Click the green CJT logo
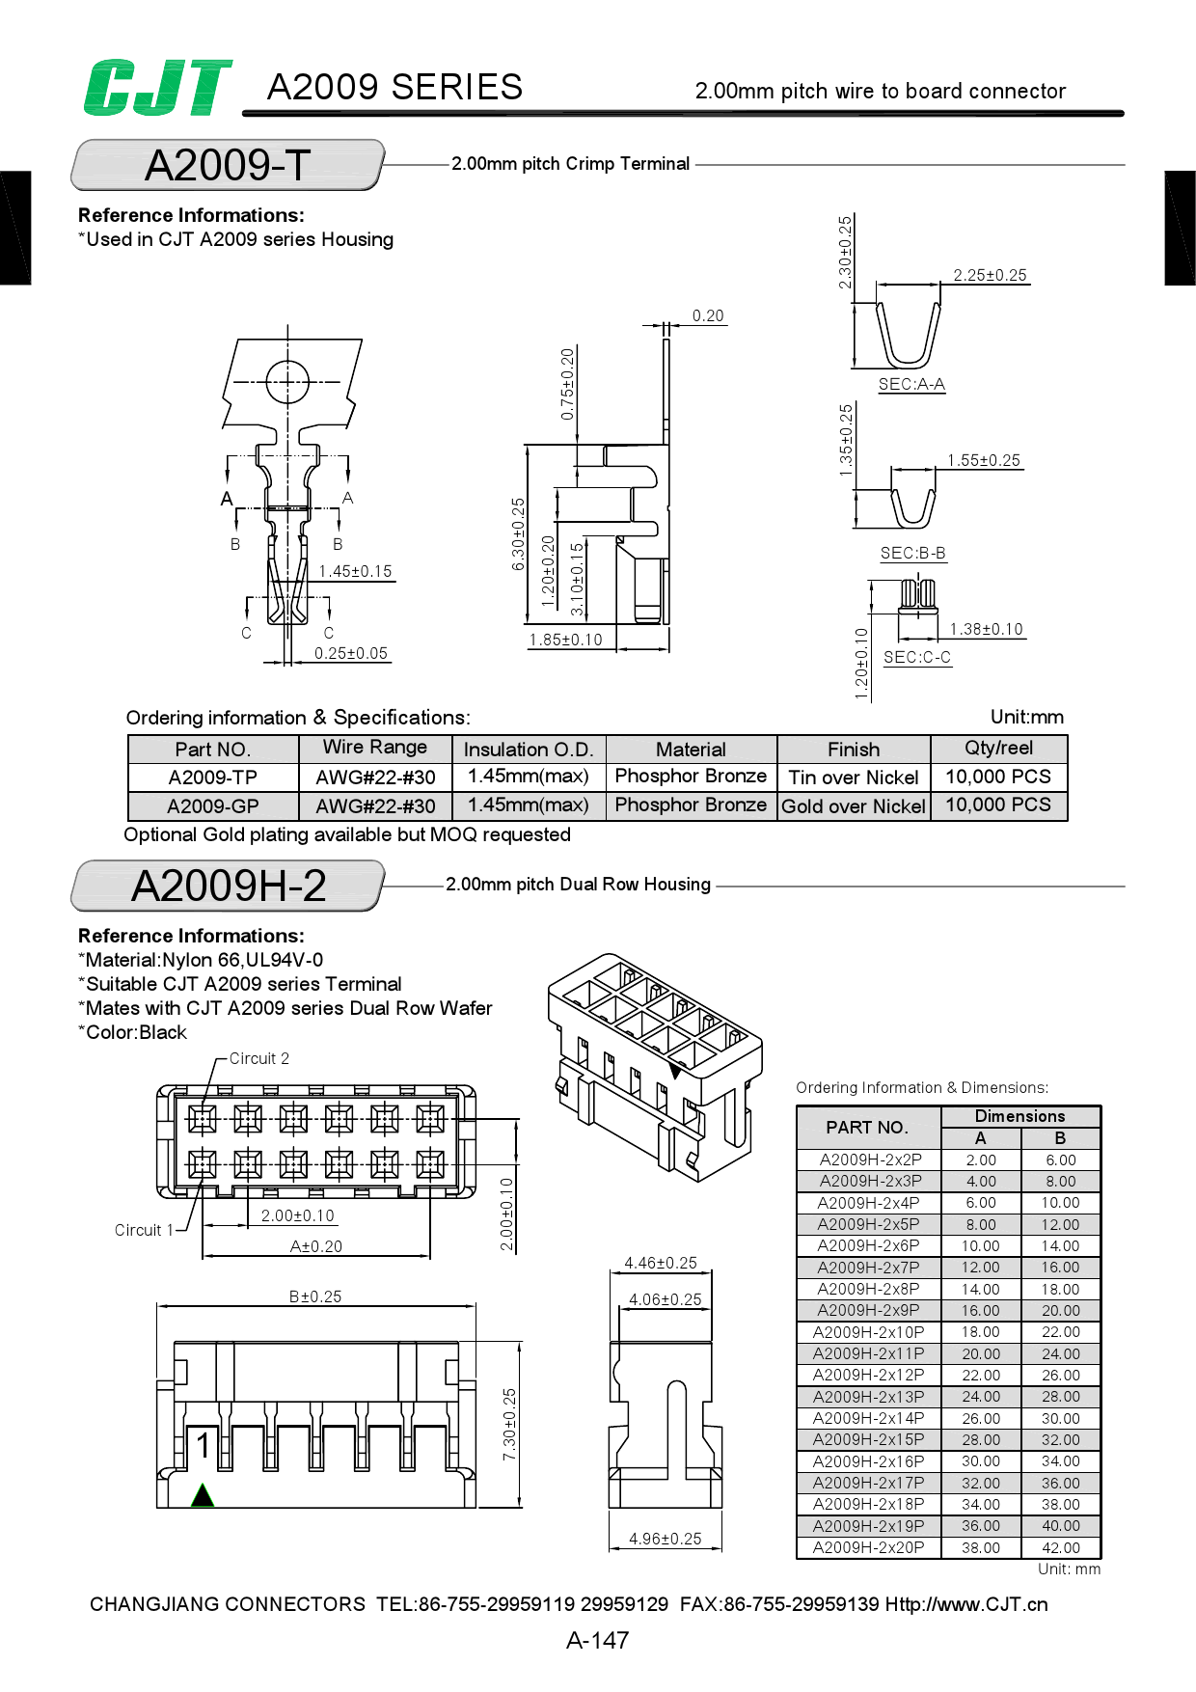pos(157,88)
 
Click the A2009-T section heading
pos(228,165)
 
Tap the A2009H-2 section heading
pos(229,886)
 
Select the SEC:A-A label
pos(911,385)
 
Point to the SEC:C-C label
pos(916,658)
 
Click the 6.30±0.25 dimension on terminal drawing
pos(518,533)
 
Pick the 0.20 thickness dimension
pos(708,316)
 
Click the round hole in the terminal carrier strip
pos(287,382)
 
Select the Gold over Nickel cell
pos(854,806)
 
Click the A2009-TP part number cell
pos(212,778)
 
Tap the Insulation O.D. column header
pos(529,750)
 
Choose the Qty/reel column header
pos(998,749)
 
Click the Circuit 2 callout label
pos(258,1059)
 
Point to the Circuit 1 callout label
pos(144,1231)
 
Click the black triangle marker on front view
pos(203,1495)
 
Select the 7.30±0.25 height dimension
pos(509,1424)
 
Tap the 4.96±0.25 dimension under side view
pos(665,1540)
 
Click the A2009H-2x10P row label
pos(868,1332)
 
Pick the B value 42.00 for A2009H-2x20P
pos(1060,1548)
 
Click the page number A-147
pos(597,1640)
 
